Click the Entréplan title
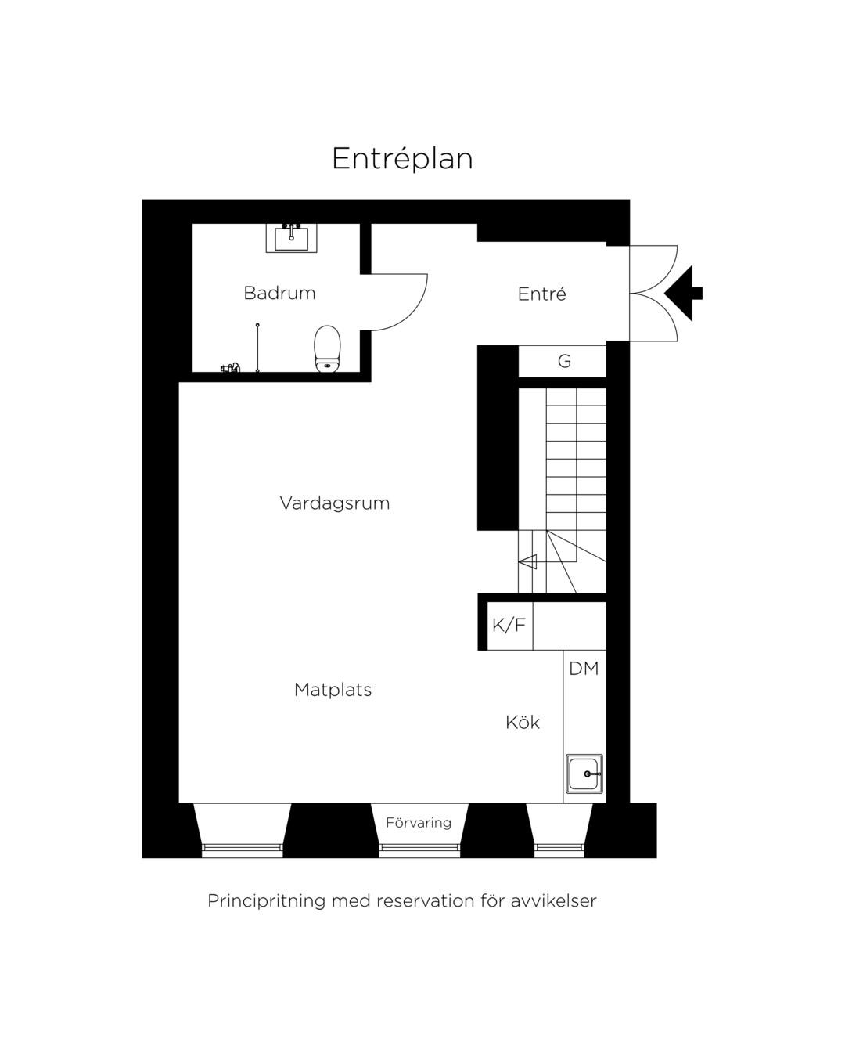point(402,159)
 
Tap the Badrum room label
point(279,293)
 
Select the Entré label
point(541,294)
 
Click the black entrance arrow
point(684,294)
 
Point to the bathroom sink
point(291,238)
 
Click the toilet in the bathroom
point(327,348)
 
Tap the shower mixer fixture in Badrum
point(230,367)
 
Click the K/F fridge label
point(509,626)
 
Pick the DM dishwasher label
point(584,669)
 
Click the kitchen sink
point(584,774)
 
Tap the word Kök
point(523,722)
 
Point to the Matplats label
point(333,690)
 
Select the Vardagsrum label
point(335,503)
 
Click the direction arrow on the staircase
point(527,561)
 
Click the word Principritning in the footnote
point(267,901)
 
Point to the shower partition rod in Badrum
point(257,348)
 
